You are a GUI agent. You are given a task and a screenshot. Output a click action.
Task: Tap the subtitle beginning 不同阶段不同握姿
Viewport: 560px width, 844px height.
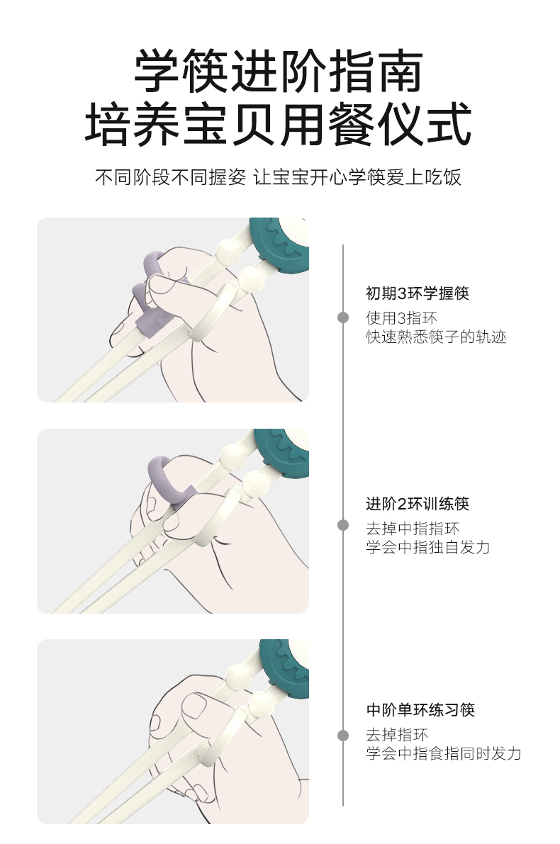click(279, 177)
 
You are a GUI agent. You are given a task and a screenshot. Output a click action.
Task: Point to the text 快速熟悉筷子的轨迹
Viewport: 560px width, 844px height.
click(436, 337)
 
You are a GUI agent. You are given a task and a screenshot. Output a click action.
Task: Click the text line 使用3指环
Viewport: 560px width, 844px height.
click(401, 317)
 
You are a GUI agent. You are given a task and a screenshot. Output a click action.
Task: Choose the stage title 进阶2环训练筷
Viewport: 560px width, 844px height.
click(417, 504)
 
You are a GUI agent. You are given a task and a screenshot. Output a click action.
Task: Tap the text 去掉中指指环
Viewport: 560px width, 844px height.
click(413, 528)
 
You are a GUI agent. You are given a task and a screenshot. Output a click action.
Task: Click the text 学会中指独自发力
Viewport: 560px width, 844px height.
click(427, 547)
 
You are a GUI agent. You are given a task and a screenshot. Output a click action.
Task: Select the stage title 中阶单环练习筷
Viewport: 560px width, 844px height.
click(420, 709)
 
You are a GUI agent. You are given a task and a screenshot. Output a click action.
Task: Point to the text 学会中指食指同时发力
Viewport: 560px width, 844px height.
click(443, 753)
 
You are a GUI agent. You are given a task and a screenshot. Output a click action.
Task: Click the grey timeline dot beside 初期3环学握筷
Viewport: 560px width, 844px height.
click(343, 317)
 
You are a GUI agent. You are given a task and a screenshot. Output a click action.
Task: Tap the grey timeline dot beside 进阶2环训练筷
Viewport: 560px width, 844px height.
click(343, 525)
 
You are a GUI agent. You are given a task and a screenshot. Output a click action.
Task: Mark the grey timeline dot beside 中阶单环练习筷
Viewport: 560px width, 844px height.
click(343, 735)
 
